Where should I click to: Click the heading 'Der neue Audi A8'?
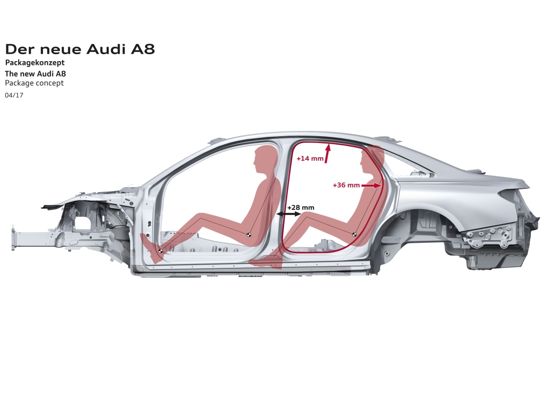point(80,49)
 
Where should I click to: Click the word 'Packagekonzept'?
point(35,63)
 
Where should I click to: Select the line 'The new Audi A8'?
point(35,73)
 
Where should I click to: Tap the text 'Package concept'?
point(34,83)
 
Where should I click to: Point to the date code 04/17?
point(14,95)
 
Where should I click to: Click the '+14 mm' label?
point(310,158)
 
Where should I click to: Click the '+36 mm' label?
point(346,185)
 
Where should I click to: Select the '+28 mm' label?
point(301,208)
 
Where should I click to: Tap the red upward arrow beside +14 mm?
point(328,153)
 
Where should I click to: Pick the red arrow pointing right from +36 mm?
point(371,186)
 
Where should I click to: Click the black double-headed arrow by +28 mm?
point(288,213)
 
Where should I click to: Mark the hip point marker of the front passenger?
point(249,235)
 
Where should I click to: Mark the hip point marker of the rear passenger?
point(354,235)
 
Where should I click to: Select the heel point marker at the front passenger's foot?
point(161,251)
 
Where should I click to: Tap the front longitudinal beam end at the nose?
point(14,240)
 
